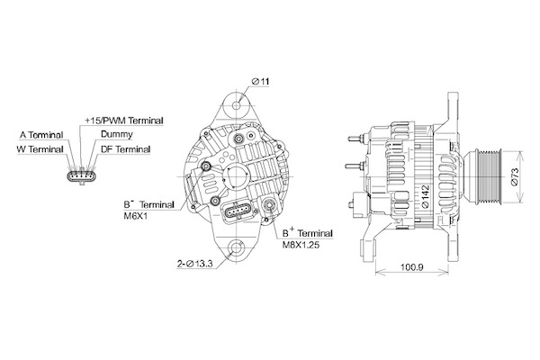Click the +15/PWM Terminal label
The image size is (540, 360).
(x=124, y=121)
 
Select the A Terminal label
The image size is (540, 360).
(x=41, y=135)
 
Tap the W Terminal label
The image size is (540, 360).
(x=40, y=149)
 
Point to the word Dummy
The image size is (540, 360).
(x=117, y=134)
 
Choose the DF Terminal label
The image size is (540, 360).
(x=126, y=149)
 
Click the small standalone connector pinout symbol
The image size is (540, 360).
(x=82, y=175)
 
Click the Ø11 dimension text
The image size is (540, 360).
(x=260, y=82)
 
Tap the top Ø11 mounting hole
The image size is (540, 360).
(x=237, y=105)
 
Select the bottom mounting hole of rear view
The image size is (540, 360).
(x=236, y=248)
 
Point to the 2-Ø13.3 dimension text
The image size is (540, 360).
(x=195, y=265)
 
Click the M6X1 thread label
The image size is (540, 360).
(x=135, y=217)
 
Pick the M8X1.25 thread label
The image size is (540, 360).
(x=301, y=246)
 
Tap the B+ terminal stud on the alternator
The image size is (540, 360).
(x=268, y=205)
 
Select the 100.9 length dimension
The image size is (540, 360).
(x=412, y=266)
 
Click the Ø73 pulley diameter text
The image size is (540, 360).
(x=515, y=176)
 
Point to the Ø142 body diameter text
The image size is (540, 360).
(x=426, y=196)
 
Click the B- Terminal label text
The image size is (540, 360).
(x=149, y=204)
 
